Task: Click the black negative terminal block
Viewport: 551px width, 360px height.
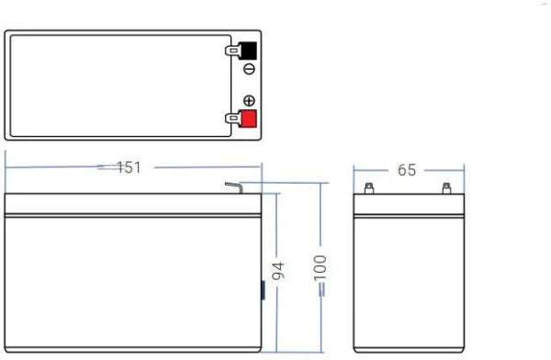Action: point(248,51)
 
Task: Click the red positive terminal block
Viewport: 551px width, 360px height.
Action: point(248,118)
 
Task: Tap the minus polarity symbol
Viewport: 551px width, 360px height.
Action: point(249,69)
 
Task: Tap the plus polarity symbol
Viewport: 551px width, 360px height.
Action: point(249,100)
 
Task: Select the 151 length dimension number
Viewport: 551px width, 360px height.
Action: point(129,167)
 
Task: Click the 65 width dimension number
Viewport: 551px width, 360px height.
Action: point(407,170)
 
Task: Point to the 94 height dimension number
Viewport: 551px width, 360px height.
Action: point(278,271)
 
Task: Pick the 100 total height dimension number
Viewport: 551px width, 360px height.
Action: point(320,268)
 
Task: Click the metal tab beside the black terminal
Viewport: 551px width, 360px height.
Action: point(232,51)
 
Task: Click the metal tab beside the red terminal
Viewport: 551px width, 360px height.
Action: point(232,118)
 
